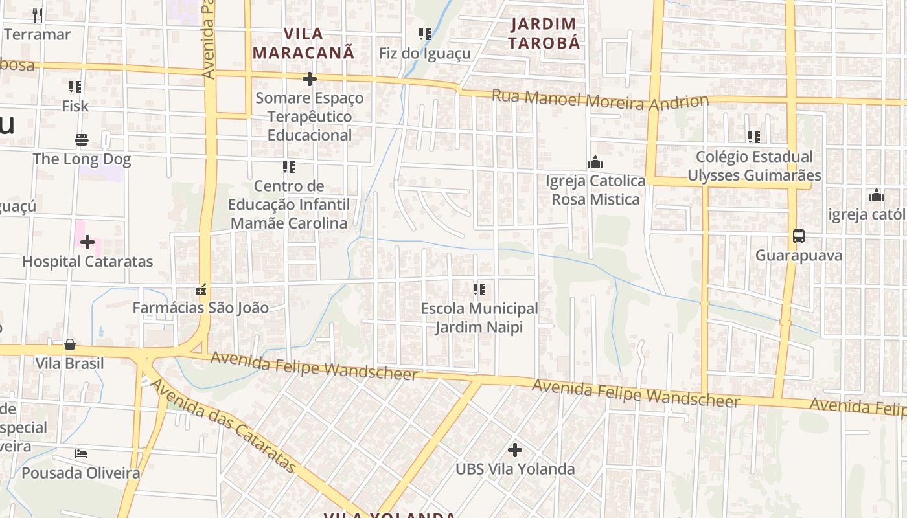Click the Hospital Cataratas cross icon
click(87, 242)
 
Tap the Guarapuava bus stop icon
click(799, 236)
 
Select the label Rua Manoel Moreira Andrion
click(600, 100)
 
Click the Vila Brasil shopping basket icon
click(70, 344)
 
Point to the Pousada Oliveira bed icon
click(81, 453)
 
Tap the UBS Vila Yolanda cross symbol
click(515, 449)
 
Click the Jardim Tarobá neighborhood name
click(543, 34)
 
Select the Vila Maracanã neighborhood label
click(304, 43)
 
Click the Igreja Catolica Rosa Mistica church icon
click(595, 162)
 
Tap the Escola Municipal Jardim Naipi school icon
click(479, 289)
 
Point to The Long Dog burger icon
click(82, 140)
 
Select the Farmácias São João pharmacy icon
click(201, 288)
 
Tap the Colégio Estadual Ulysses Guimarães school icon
click(753, 137)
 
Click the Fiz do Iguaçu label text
click(424, 53)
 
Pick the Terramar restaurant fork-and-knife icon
click(38, 15)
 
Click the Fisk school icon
click(75, 86)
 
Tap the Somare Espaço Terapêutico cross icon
click(310, 79)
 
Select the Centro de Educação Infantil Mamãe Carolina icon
click(289, 167)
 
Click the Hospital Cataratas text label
click(87, 262)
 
